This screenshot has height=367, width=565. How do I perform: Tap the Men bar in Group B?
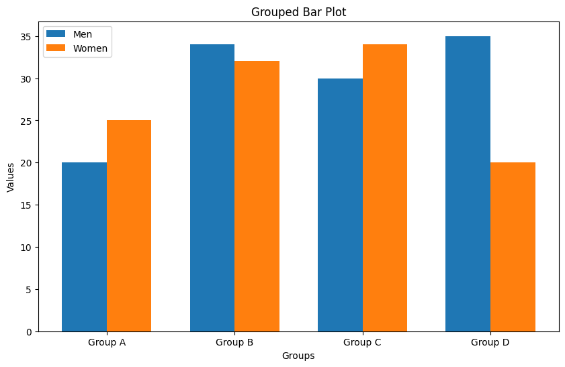click(x=212, y=188)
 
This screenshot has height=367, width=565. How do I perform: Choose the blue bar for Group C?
click(x=340, y=205)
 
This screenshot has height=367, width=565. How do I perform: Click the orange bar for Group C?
click(x=385, y=188)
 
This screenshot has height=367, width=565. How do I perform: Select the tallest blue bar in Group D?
click(x=468, y=184)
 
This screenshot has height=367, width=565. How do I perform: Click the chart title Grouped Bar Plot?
click(x=298, y=11)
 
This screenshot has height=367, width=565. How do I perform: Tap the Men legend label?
click(x=83, y=34)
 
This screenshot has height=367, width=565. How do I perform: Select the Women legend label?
click(x=90, y=48)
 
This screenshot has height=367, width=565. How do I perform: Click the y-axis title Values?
click(x=11, y=177)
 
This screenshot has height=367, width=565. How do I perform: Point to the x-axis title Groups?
click(x=298, y=356)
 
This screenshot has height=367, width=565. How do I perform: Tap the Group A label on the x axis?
click(x=106, y=343)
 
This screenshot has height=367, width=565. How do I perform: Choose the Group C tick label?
click(x=362, y=343)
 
